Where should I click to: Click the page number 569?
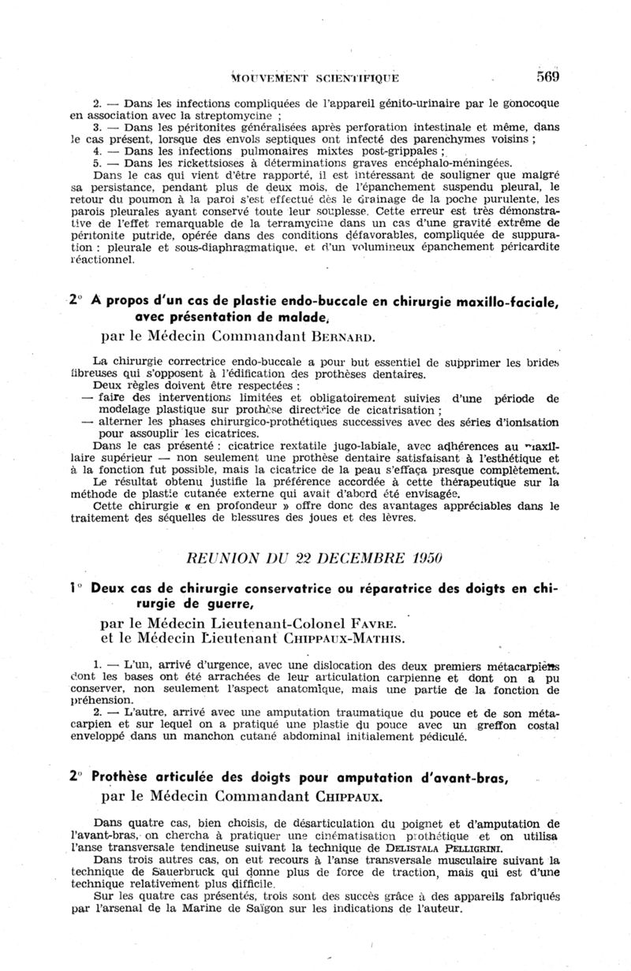pos(543,76)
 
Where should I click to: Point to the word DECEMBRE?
pos(349,558)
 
